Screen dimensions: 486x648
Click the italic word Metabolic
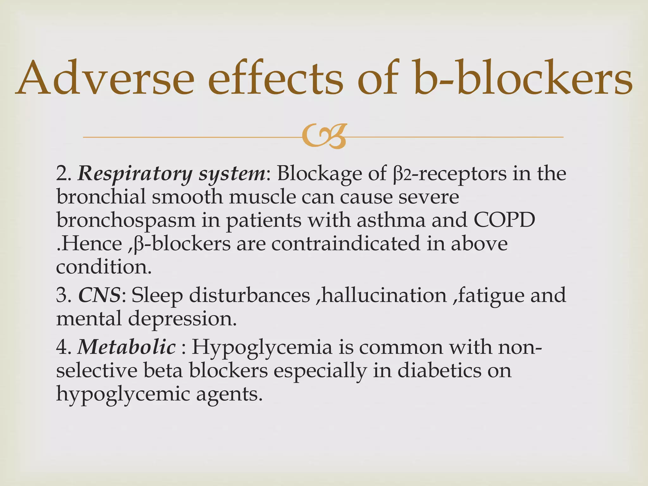pos(127,347)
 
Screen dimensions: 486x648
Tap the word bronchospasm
pos(126,220)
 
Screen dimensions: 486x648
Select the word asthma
pos(391,220)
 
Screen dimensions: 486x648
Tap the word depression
pos(182,319)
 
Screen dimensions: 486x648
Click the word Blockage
pos(320,174)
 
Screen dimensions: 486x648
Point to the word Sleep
pos(157,296)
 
